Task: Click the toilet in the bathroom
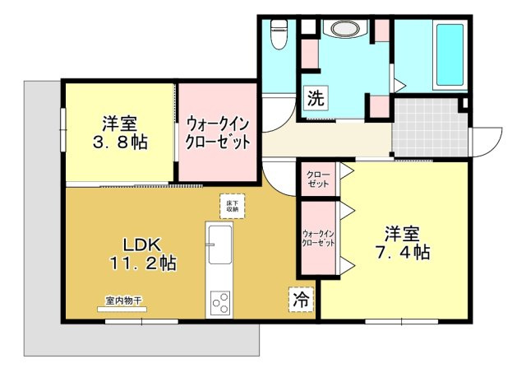[x=279, y=35]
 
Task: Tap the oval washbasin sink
[x=345, y=29]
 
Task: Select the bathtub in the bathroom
[x=450, y=55]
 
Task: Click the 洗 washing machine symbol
[x=316, y=98]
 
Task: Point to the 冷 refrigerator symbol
[x=301, y=300]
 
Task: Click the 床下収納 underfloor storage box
[x=232, y=206]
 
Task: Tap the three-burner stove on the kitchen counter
[x=220, y=302]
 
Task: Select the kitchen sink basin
[x=219, y=245]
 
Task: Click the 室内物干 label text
[x=122, y=301]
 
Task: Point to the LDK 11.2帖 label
[x=142, y=254]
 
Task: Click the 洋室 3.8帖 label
[x=120, y=133]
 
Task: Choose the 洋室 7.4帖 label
[x=402, y=243]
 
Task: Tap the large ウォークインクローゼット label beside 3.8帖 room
[x=218, y=133]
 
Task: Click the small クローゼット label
[x=318, y=180]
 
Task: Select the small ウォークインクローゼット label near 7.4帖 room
[x=318, y=238]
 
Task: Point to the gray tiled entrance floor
[x=430, y=127]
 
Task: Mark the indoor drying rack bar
[x=122, y=309]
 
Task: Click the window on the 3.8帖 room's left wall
[x=63, y=129]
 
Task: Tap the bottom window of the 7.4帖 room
[x=402, y=322]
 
